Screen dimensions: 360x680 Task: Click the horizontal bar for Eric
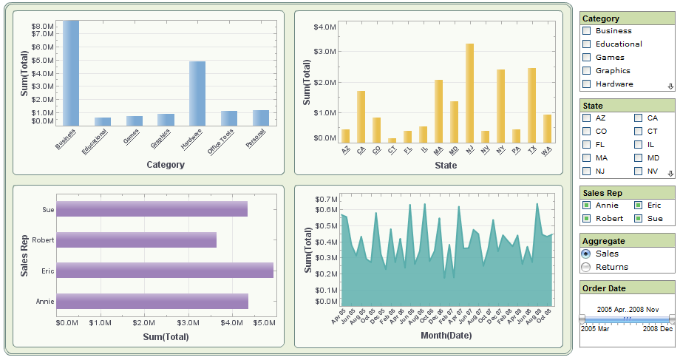click(165, 270)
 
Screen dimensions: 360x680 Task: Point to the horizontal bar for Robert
click(137, 240)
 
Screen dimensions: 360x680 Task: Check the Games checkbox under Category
click(586, 58)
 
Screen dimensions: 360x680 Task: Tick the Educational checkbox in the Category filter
click(586, 44)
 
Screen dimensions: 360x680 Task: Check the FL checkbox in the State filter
click(586, 145)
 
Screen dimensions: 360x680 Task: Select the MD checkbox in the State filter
click(638, 158)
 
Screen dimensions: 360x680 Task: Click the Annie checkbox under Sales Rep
click(586, 206)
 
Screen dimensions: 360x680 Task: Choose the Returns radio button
click(586, 267)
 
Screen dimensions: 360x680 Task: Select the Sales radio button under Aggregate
click(586, 254)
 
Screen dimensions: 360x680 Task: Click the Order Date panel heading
click(604, 288)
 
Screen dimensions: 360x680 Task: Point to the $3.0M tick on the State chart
click(324, 52)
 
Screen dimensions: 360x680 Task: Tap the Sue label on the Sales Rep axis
click(48, 210)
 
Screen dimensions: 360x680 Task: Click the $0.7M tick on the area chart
click(325, 200)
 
